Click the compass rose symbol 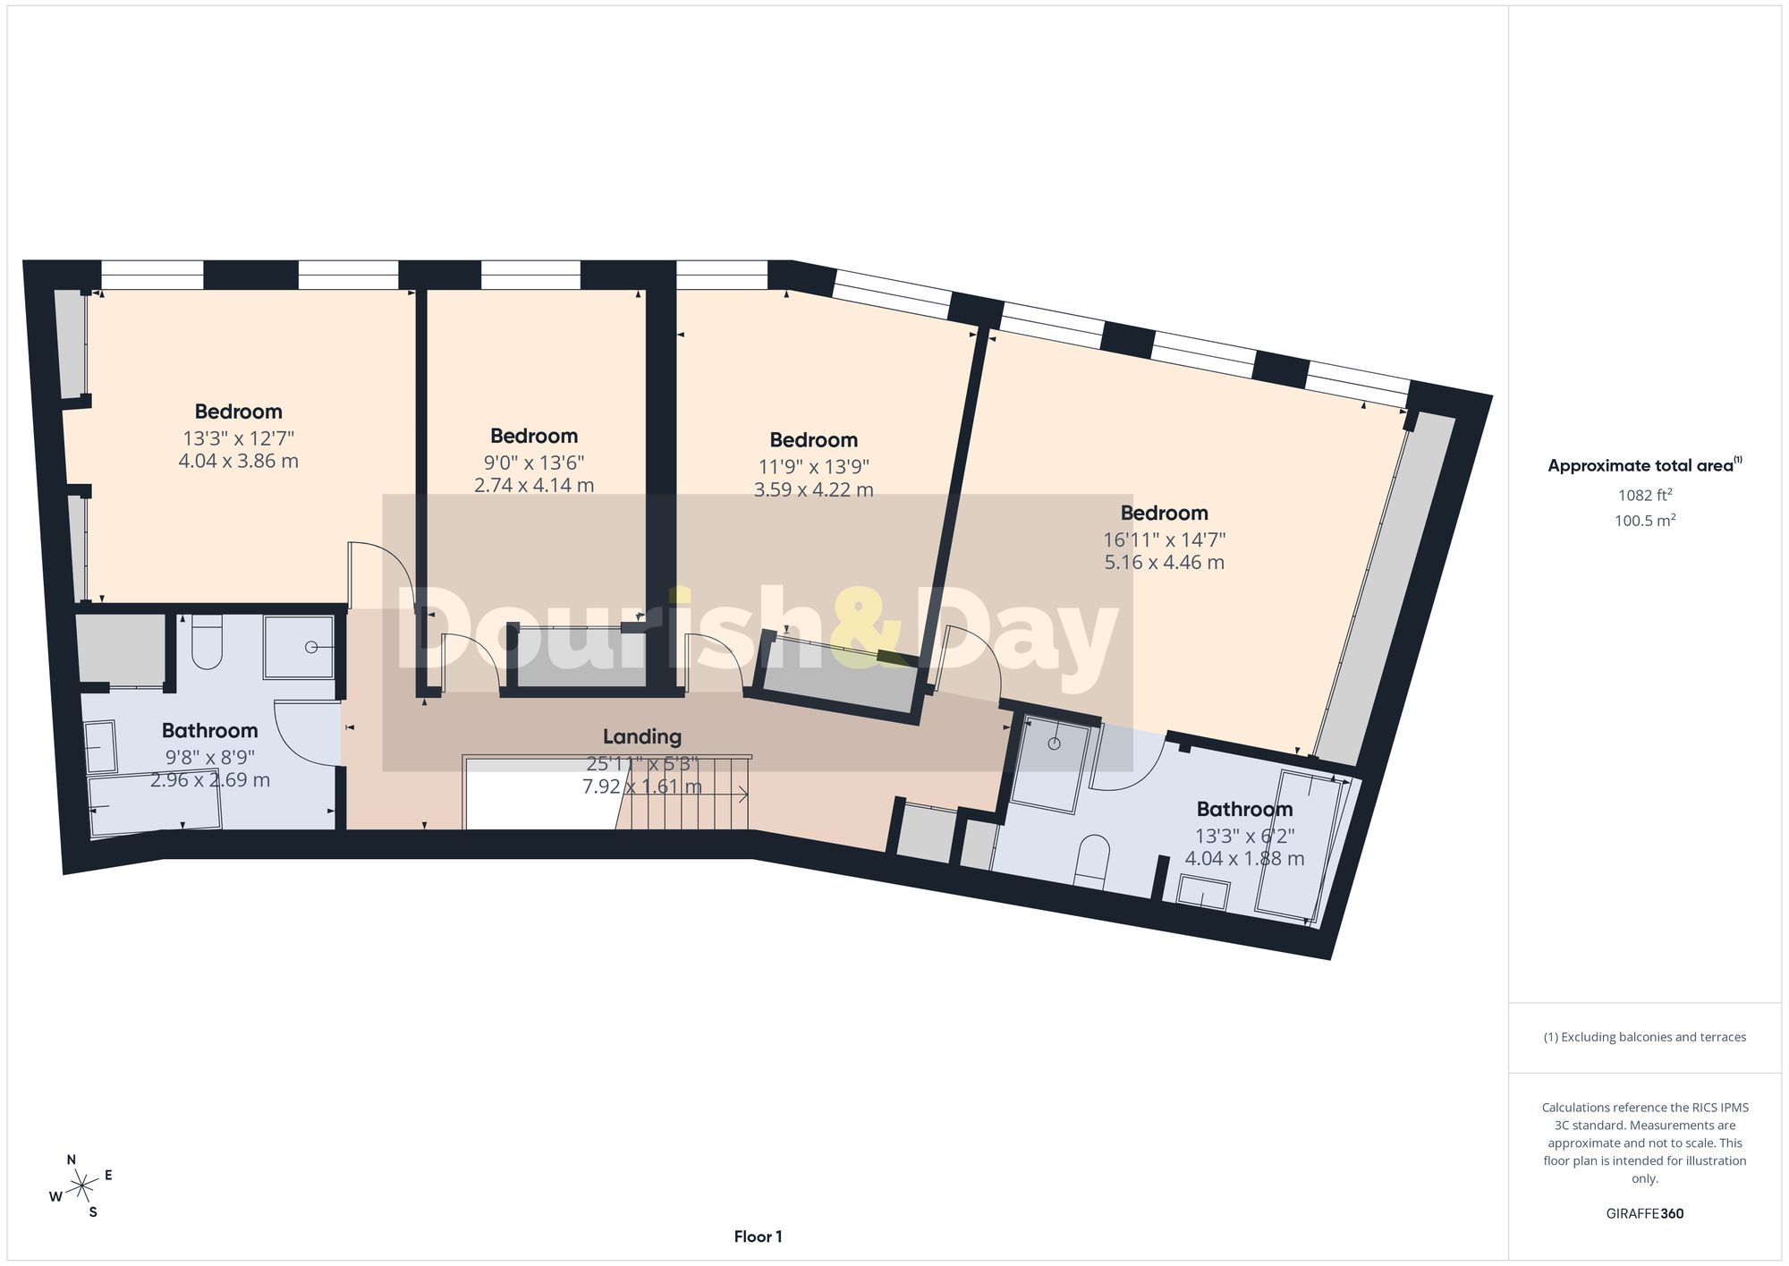[x=81, y=1186]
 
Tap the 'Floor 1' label [x=758, y=1236]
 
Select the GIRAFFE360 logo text [x=1644, y=1213]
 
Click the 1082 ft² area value [x=1645, y=495]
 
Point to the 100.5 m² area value [x=1645, y=520]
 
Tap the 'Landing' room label [x=642, y=736]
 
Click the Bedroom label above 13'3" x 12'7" [x=238, y=412]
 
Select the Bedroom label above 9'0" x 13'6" [x=534, y=436]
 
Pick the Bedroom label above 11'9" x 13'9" [x=813, y=439]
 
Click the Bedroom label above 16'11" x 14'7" [x=1164, y=513]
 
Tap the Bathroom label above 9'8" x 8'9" [x=209, y=730]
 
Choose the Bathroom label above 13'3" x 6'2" [x=1244, y=809]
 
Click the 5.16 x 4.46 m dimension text [x=1164, y=562]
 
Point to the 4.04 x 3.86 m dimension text [x=238, y=461]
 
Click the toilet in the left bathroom [x=207, y=641]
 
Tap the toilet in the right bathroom [x=1090, y=862]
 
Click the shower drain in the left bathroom [x=311, y=647]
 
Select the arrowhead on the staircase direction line [x=744, y=794]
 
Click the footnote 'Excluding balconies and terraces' [x=1644, y=1037]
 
